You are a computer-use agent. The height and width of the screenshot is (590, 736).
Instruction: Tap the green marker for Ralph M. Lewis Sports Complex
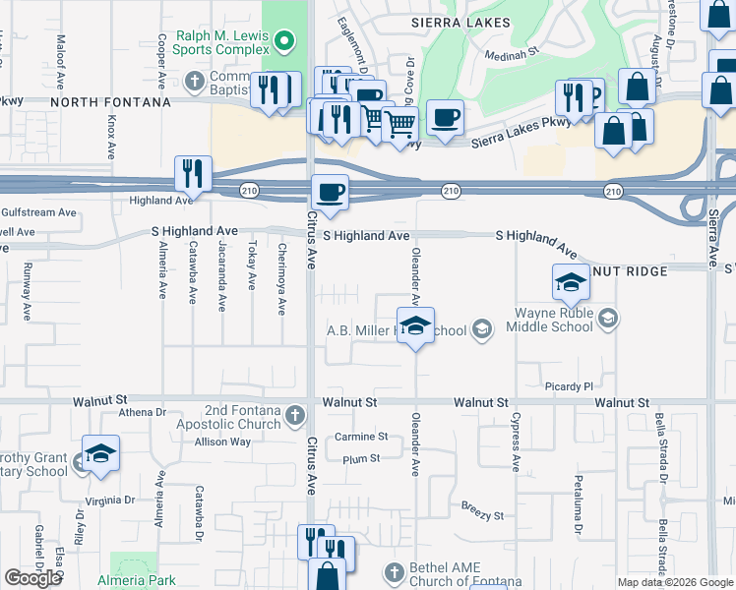pyautogui.click(x=284, y=41)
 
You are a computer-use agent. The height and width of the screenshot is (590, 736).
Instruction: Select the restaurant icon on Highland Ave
pyautogui.click(x=193, y=174)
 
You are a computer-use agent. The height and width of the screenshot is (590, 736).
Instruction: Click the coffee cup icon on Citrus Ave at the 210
pyautogui.click(x=330, y=192)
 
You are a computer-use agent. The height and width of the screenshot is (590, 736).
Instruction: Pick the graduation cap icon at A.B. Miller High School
pyautogui.click(x=415, y=325)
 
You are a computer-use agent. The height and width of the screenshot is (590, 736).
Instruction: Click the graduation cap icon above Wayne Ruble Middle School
pyautogui.click(x=570, y=283)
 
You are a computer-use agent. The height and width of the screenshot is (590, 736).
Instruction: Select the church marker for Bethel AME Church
pyautogui.click(x=394, y=572)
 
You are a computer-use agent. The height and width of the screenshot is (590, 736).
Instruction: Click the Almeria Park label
pyautogui.click(x=136, y=581)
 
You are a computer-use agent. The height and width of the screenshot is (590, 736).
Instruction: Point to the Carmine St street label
pyautogui.click(x=361, y=437)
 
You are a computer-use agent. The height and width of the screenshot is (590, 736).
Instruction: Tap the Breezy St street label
pyautogui.click(x=482, y=514)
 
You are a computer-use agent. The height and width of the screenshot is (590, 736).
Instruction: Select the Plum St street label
pyautogui.click(x=361, y=459)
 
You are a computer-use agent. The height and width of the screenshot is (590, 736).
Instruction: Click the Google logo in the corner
pyautogui.click(x=32, y=578)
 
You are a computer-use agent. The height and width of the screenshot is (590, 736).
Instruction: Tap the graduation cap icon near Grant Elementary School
pyautogui.click(x=100, y=453)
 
